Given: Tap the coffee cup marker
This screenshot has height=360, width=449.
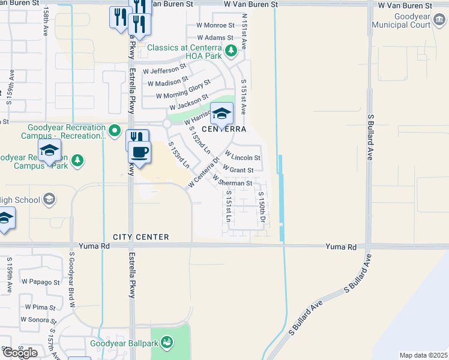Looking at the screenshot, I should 140,152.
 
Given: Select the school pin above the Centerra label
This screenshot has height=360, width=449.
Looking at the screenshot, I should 221,113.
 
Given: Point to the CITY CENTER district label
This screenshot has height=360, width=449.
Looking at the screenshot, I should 140,237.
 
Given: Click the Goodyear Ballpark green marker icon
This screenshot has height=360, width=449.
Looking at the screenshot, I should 167,343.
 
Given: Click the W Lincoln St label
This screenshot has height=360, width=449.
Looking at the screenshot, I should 242,158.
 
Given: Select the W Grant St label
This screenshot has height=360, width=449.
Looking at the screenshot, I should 243,170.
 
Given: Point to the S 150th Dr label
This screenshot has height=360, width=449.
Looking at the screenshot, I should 262,207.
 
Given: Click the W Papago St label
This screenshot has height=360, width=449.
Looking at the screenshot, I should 41,281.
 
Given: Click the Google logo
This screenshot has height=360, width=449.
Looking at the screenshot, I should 20,353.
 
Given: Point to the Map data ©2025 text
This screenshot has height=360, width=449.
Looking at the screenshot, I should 423,355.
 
